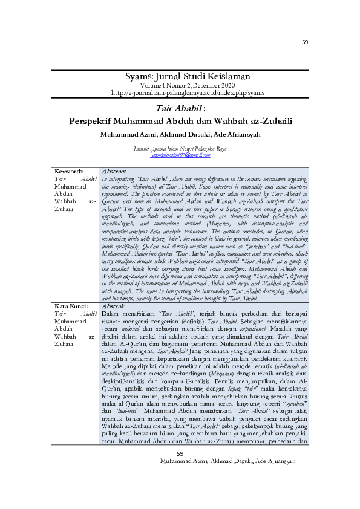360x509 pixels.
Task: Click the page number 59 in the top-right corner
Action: click(305, 42)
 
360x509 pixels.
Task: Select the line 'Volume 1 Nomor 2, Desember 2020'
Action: click(180, 85)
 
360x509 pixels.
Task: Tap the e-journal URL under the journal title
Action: click(180, 92)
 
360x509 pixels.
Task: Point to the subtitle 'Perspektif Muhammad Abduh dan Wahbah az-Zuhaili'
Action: click(180, 121)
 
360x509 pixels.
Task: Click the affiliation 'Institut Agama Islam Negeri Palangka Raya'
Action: click(180, 149)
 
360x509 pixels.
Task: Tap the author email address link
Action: click(180, 155)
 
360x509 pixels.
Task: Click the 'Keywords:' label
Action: click(69, 172)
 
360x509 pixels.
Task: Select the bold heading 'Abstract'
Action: click(115, 172)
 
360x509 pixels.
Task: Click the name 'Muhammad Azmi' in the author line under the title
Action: click(126, 134)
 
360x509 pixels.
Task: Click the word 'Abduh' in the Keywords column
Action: click(63, 194)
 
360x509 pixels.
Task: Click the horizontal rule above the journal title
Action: click(180, 70)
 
